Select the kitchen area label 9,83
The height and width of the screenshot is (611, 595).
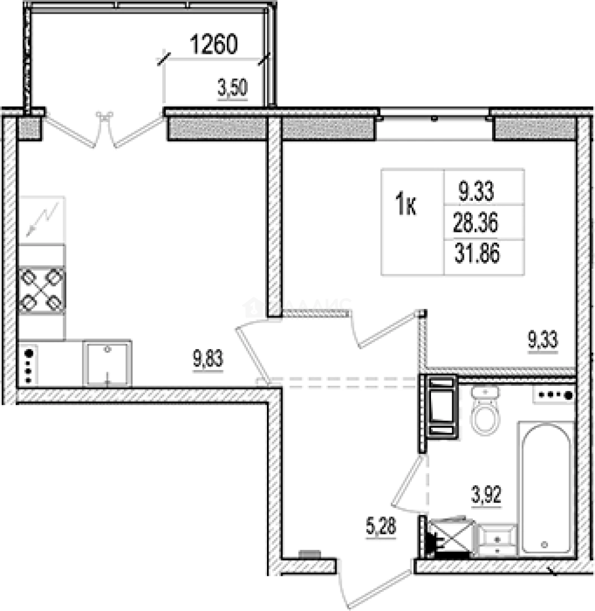[x=208, y=359]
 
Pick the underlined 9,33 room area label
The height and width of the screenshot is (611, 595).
[x=542, y=341]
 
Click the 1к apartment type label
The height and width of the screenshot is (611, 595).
[x=406, y=204]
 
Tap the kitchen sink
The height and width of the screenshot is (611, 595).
[x=107, y=363]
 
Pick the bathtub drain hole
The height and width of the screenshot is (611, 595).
[x=545, y=544]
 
